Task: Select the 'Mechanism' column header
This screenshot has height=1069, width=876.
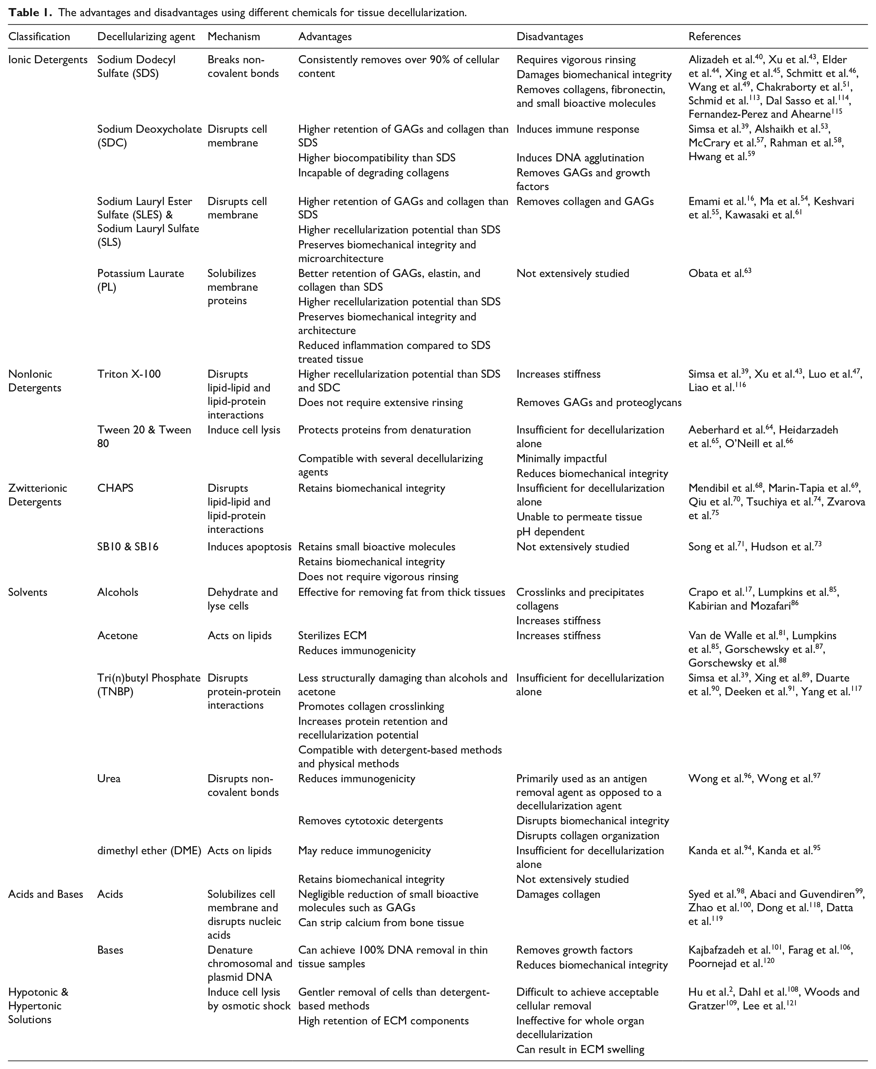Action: point(234,36)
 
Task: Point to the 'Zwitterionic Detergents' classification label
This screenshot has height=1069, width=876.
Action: point(37,495)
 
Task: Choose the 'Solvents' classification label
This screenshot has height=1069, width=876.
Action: point(28,592)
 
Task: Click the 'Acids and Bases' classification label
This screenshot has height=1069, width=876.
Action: point(45,894)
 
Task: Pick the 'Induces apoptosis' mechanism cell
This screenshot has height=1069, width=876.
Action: point(249,547)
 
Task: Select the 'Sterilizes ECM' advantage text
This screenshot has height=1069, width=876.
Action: point(332,635)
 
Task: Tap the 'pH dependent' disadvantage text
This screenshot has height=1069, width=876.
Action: point(550,531)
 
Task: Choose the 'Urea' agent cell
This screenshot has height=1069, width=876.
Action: point(109,778)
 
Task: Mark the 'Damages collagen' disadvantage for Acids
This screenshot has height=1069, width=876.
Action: point(558,894)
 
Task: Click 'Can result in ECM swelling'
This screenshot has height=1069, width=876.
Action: point(580,1049)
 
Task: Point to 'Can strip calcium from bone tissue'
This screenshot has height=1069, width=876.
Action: point(380,922)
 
